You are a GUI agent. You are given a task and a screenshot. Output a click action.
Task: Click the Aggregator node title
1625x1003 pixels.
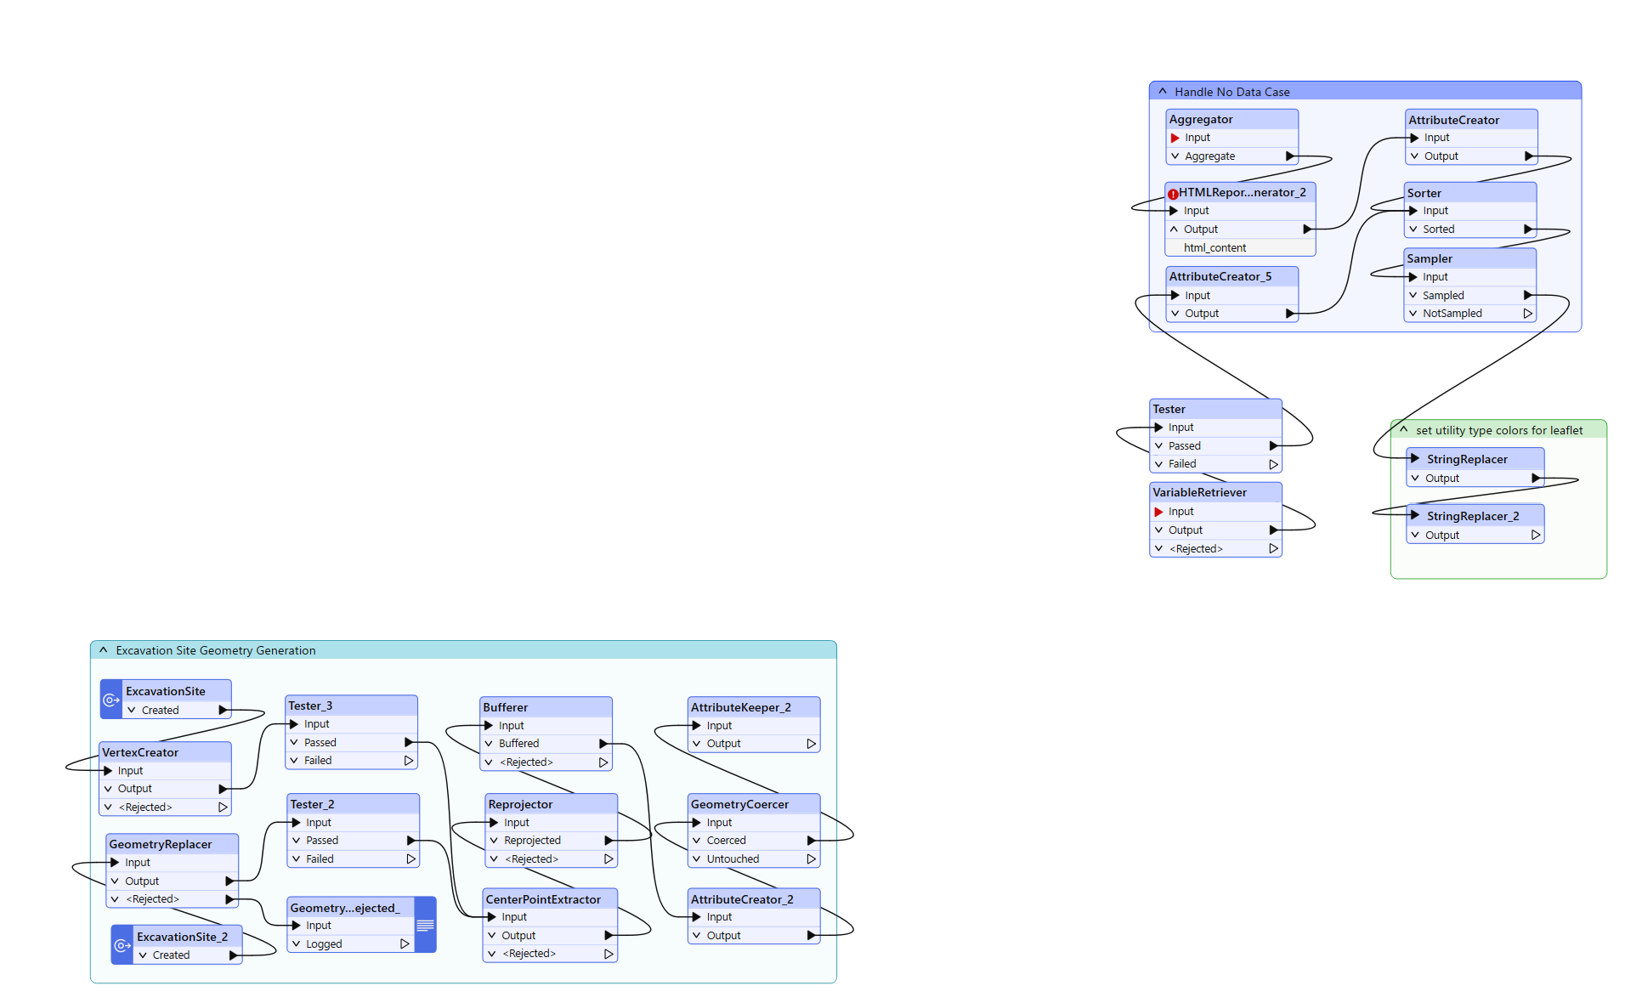[1200, 119]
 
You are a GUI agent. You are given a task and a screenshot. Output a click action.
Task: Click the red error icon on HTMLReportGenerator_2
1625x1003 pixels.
[1173, 194]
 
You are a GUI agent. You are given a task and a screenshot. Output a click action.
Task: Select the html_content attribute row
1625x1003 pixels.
[1215, 247]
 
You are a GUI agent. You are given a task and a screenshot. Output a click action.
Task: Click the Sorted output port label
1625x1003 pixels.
[1438, 229]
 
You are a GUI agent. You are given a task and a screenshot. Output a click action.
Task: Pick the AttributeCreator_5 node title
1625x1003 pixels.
[1220, 276]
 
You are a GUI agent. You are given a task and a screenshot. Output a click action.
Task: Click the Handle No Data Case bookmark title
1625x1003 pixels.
[1231, 92]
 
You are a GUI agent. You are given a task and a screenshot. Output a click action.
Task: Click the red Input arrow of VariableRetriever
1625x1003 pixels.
[1158, 512]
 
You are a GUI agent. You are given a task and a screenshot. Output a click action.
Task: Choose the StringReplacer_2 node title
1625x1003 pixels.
[1472, 516]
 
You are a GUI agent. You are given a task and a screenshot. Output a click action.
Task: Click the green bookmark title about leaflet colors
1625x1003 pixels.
[1498, 430]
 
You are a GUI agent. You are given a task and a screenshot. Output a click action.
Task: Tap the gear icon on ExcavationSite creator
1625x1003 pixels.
[111, 700]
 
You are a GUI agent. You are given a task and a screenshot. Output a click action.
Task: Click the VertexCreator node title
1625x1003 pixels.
[140, 752]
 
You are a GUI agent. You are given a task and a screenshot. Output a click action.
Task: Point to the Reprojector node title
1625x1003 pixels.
[520, 804]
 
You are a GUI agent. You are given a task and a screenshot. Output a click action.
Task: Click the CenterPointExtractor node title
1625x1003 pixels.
[542, 899]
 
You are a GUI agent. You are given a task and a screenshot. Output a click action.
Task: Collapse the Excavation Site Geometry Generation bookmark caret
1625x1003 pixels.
[103, 650]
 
